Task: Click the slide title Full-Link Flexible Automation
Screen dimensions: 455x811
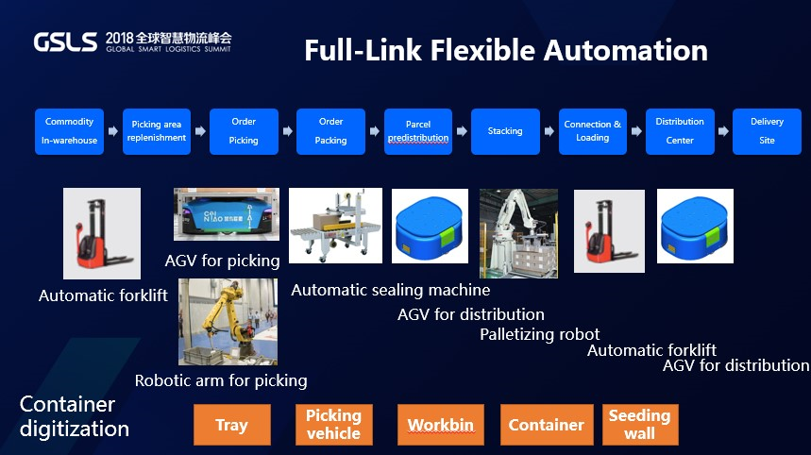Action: pos(505,50)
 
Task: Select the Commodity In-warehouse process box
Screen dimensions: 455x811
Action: pos(69,131)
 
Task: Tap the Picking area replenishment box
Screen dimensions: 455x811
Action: pos(158,131)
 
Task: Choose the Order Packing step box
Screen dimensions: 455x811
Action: pos(330,131)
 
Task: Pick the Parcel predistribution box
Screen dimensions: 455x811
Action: pos(418,131)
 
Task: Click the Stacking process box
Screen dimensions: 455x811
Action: pos(505,131)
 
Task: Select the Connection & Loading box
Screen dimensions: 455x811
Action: pos(592,131)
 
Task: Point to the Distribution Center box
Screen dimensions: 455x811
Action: pos(680,131)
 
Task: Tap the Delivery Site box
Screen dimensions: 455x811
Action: pos(767,131)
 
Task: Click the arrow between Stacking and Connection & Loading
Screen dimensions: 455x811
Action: pos(549,131)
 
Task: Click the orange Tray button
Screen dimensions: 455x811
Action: pos(231,425)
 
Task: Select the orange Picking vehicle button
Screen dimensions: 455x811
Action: pos(333,425)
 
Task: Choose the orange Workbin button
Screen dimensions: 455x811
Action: pos(440,425)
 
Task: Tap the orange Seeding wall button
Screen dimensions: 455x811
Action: pos(639,425)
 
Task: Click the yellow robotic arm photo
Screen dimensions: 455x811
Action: pos(228,322)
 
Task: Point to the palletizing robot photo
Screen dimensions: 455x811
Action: pos(518,232)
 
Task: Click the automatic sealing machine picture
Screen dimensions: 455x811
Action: pos(335,226)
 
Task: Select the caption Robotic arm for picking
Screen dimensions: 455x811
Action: pos(221,380)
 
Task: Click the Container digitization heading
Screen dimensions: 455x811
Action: pos(75,416)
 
